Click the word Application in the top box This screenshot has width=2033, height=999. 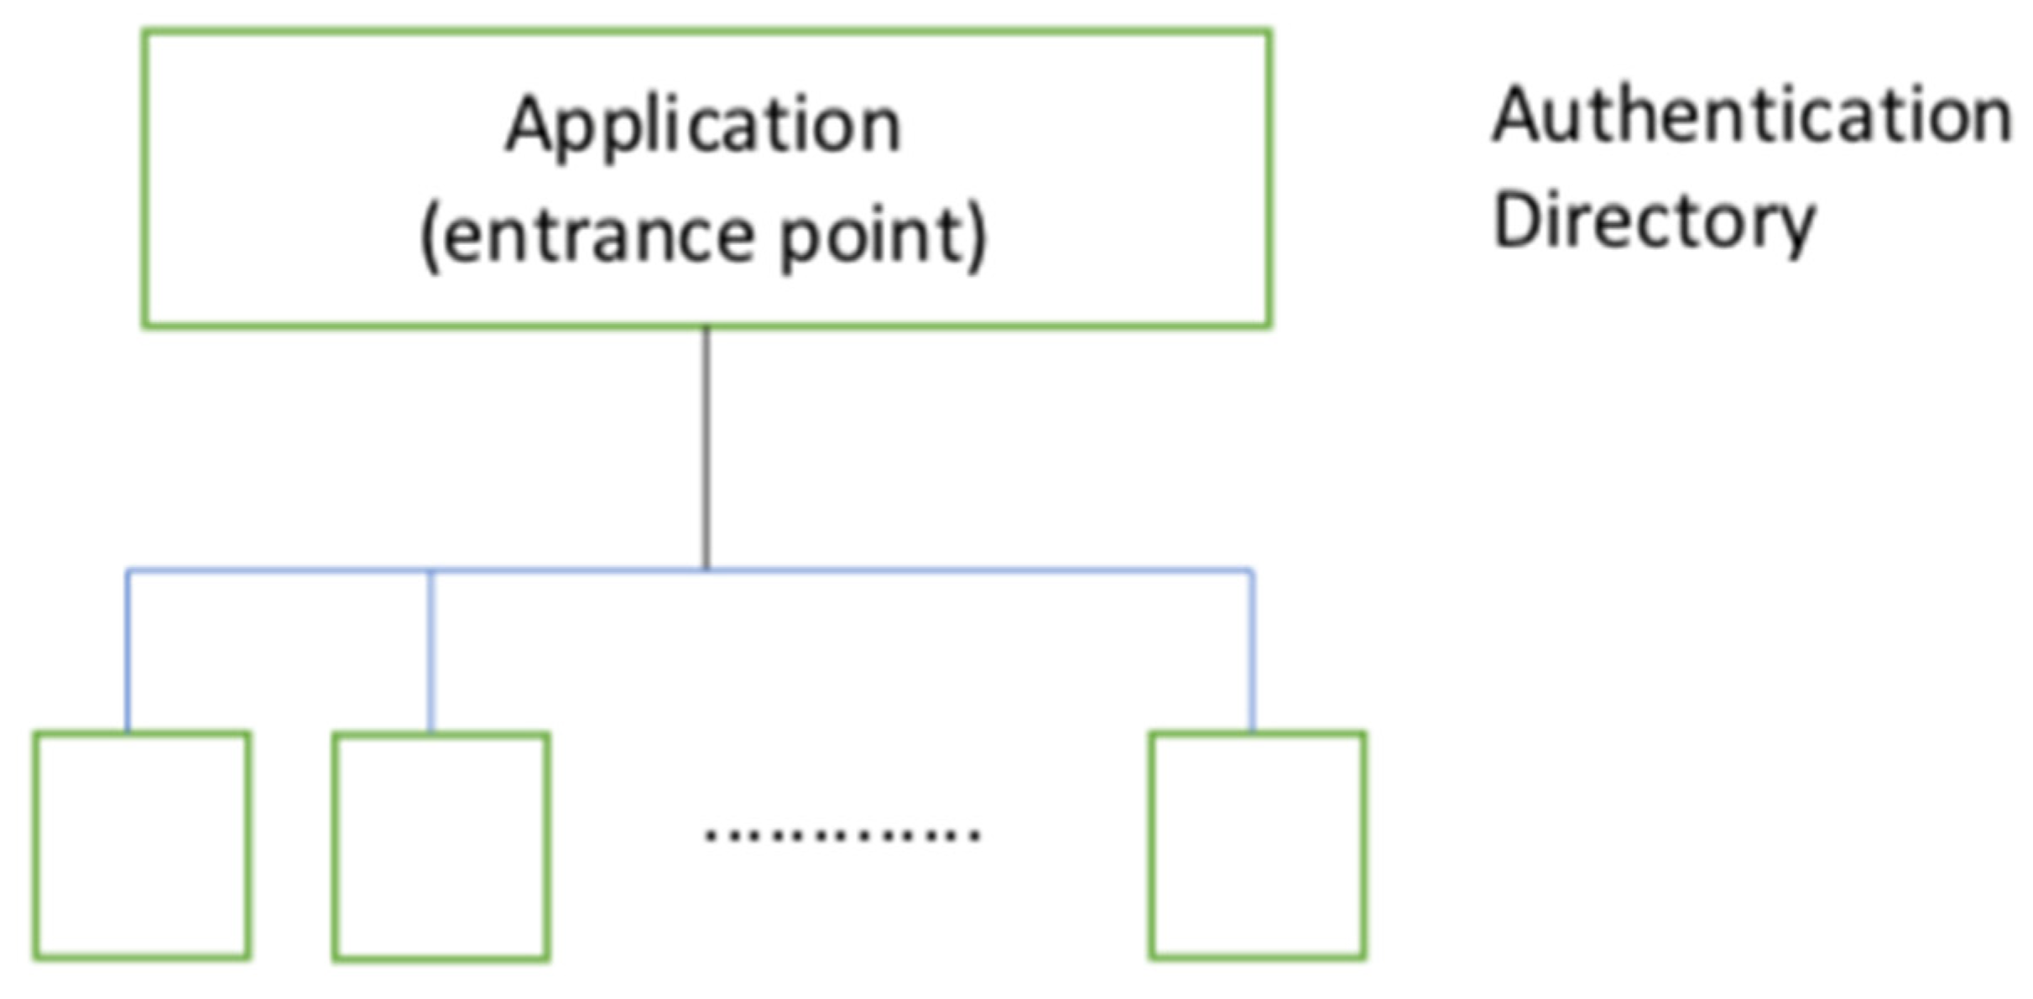click(x=703, y=126)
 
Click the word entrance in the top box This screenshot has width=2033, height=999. click(x=595, y=236)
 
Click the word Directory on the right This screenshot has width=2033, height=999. click(x=1654, y=222)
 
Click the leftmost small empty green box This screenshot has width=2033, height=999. click(x=142, y=846)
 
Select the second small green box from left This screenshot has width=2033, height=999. click(x=440, y=847)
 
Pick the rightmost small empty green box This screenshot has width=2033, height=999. click(x=1257, y=846)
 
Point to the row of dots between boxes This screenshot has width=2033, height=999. click(x=842, y=835)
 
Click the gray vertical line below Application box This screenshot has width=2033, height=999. click(x=706, y=445)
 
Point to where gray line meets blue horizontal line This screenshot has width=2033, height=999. click(x=706, y=570)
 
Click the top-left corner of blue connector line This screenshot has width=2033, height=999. click(x=128, y=571)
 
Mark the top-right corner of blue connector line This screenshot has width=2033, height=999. click(x=1251, y=571)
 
